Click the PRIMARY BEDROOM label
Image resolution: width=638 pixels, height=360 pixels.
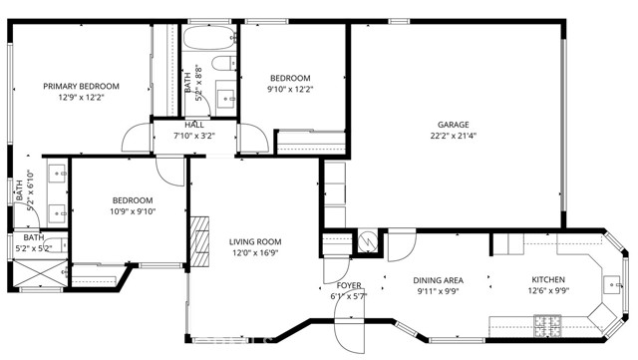[81, 86]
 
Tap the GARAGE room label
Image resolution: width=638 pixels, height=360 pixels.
[453, 125]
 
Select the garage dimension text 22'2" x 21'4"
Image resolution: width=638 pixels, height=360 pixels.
[453, 136]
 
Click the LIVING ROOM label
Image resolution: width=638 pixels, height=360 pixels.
[255, 241]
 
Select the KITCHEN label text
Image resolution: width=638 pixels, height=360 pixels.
[547, 280]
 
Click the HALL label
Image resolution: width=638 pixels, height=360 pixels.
[194, 125]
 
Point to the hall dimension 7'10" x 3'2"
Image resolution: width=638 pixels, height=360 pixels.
[194, 136]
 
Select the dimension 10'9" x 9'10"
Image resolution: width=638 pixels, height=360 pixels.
[132, 210]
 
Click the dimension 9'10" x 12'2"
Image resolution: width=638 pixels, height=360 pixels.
[290, 89]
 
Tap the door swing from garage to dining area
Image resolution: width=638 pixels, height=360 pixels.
[402, 243]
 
